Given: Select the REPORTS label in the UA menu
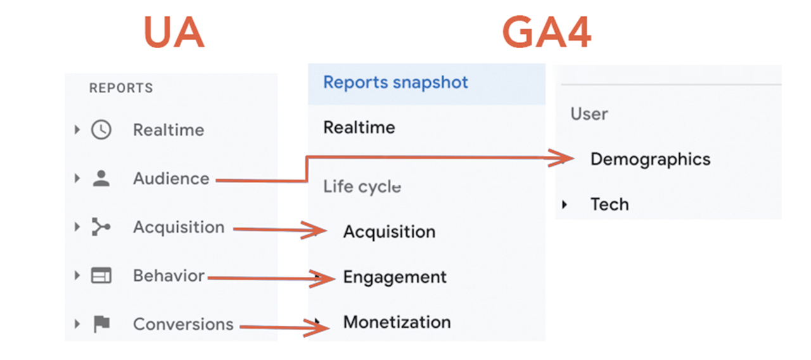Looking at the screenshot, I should point(121,88).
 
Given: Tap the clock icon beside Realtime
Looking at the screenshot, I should point(101,130).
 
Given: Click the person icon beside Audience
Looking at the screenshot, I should point(101,179).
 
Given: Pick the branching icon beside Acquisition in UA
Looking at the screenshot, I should point(101,227).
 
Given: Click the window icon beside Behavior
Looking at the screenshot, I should point(101,276).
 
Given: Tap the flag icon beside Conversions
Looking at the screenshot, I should point(101,324).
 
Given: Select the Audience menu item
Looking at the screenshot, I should point(171,179).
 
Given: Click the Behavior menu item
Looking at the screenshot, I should point(169,276).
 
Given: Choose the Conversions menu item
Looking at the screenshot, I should point(183,324).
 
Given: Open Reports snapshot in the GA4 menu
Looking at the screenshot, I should point(396,82).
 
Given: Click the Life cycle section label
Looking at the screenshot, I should point(362,187).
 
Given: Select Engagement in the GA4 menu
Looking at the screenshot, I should point(395,277).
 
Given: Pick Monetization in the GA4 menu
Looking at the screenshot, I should point(397,322).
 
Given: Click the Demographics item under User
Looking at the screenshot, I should point(650,159).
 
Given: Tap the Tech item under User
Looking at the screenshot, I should point(610,204).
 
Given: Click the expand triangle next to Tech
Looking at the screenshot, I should point(565,204).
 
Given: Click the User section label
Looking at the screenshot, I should point(589,114).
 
